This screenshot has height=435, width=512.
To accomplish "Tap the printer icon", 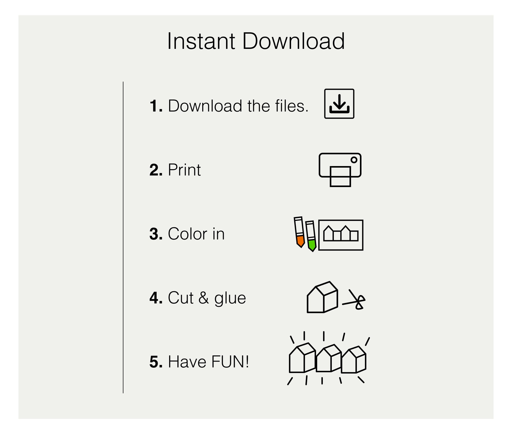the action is (x=340, y=170).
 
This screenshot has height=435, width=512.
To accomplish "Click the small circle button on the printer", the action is (x=354, y=160).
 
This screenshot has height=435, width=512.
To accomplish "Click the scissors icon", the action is (x=355, y=300).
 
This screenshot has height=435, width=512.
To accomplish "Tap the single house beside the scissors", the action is (x=322, y=297).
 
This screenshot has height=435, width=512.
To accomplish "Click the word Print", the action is (x=184, y=170).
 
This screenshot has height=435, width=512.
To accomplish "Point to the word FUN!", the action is (x=230, y=362).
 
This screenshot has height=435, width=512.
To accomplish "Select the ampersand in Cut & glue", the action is (x=204, y=298).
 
